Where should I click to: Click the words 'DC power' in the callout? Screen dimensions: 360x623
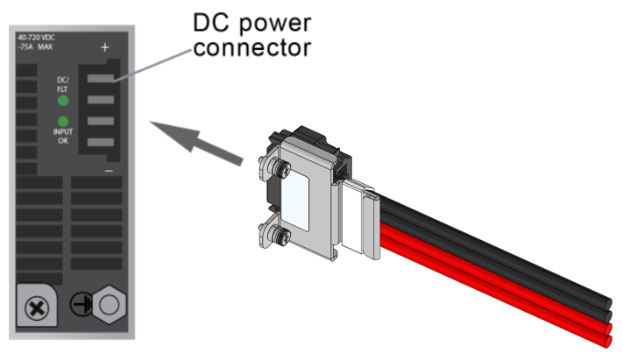pos(249,21)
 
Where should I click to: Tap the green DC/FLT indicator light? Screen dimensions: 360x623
pos(62,101)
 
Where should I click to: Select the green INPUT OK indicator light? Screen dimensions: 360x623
pos(62,123)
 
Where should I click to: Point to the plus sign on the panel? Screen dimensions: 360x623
pos(106,47)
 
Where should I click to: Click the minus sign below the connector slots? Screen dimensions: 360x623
pos(108,172)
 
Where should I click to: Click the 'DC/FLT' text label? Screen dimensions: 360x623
pos(62,84)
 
